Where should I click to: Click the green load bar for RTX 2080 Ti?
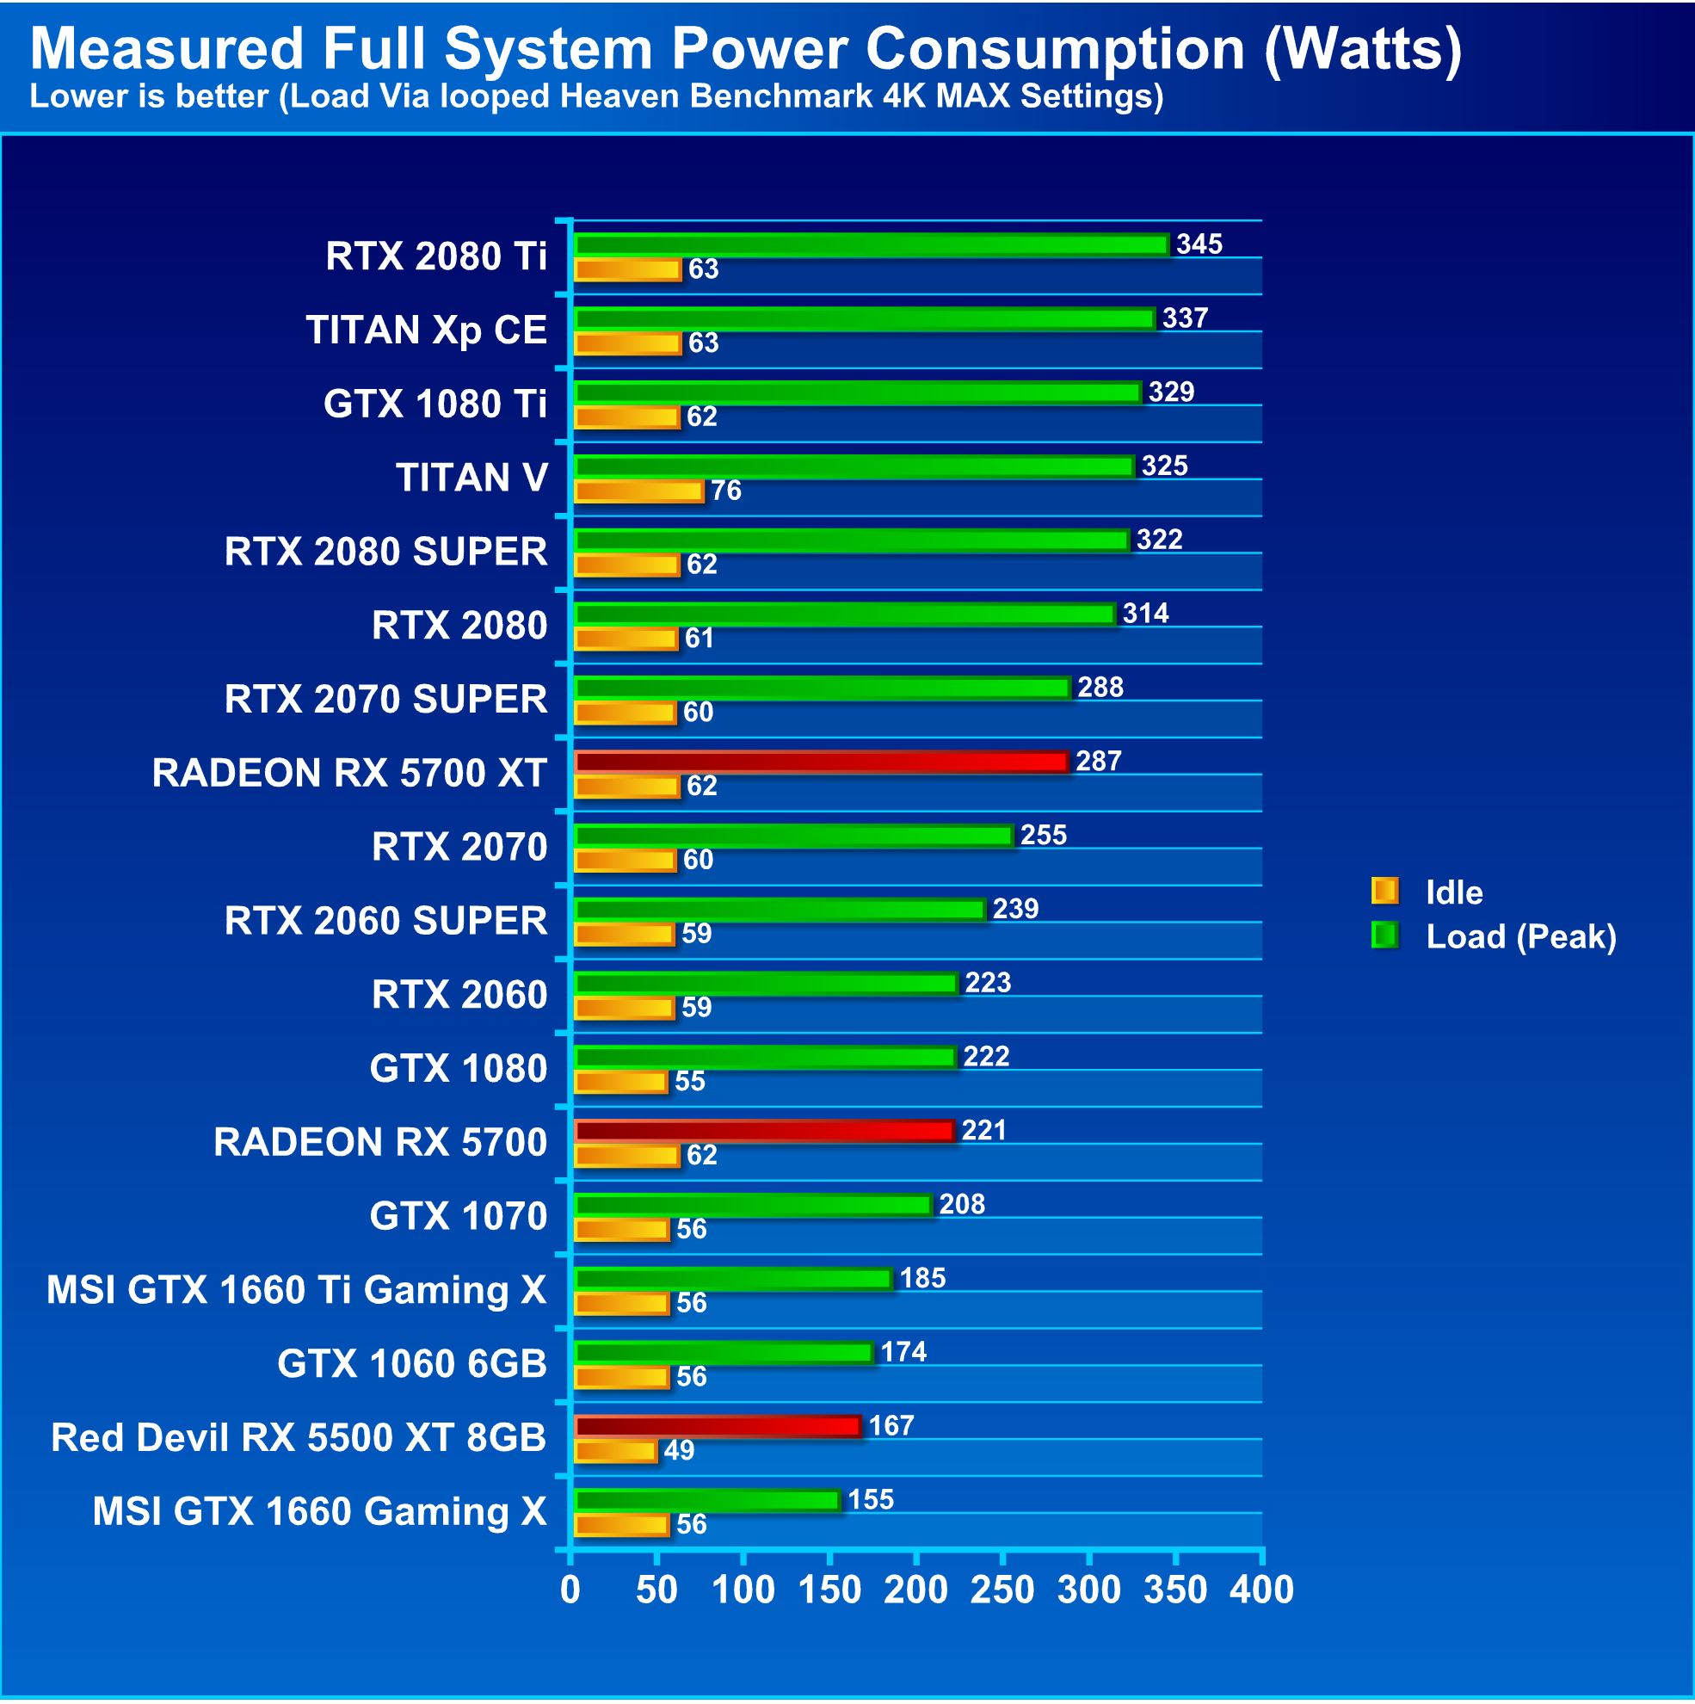(872, 244)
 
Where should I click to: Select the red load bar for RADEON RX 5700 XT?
(821, 761)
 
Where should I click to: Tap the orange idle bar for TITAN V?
(639, 491)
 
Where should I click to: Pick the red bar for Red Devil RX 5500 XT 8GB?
(717, 1426)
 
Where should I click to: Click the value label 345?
(1199, 244)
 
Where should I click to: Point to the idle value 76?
(726, 491)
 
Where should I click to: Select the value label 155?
(871, 1499)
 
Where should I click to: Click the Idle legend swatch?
(1384, 892)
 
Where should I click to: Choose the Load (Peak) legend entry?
(1520, 936)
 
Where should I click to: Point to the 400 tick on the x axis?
(1262, 1590)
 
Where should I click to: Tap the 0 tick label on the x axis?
(570, 1590)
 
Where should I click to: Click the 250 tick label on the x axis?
(1002, 1590)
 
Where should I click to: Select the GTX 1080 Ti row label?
(435, 404)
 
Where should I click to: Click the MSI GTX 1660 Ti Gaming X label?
(296, 1290)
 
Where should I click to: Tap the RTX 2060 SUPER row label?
(385, 921)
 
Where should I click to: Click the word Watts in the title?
(1362, 48)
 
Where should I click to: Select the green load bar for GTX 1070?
(753, 1205)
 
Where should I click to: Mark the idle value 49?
(678, 1451)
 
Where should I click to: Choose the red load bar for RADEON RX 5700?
(765, 1131)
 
